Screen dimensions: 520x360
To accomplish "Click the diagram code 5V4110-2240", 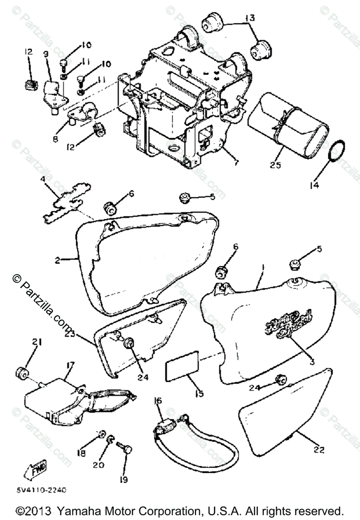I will coord(42,491).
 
